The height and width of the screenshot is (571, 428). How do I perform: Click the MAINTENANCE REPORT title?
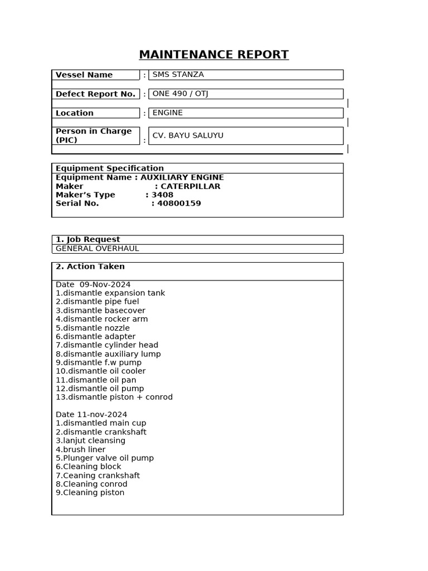click(213, 55)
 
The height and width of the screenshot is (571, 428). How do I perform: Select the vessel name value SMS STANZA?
click(178, 75)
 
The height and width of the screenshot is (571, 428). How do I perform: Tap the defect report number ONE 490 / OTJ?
click(180, 94)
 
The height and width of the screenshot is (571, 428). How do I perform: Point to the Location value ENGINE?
click(168, 113)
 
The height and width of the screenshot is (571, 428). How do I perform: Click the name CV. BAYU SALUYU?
click(188, 136)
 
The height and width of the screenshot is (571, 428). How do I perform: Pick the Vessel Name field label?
click(84, 75)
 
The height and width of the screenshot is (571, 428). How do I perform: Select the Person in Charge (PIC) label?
click(94, 136)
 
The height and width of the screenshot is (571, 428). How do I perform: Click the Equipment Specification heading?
click(110, 168)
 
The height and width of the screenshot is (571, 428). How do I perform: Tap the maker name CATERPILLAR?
click(191, 186)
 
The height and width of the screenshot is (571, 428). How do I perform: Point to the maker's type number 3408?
click(163, 195)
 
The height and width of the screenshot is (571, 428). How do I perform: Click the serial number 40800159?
click(179, 204)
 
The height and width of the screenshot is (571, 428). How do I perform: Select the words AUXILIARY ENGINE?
click(182, 177)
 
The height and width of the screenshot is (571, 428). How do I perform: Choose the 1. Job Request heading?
click(88, 240)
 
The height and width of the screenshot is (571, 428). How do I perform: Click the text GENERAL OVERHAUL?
click(98, 249)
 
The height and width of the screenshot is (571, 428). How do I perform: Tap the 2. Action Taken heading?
click(90, 267)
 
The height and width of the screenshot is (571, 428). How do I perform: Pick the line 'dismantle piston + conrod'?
click(114, 397)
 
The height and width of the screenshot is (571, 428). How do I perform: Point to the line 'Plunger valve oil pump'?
click(105, 458)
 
